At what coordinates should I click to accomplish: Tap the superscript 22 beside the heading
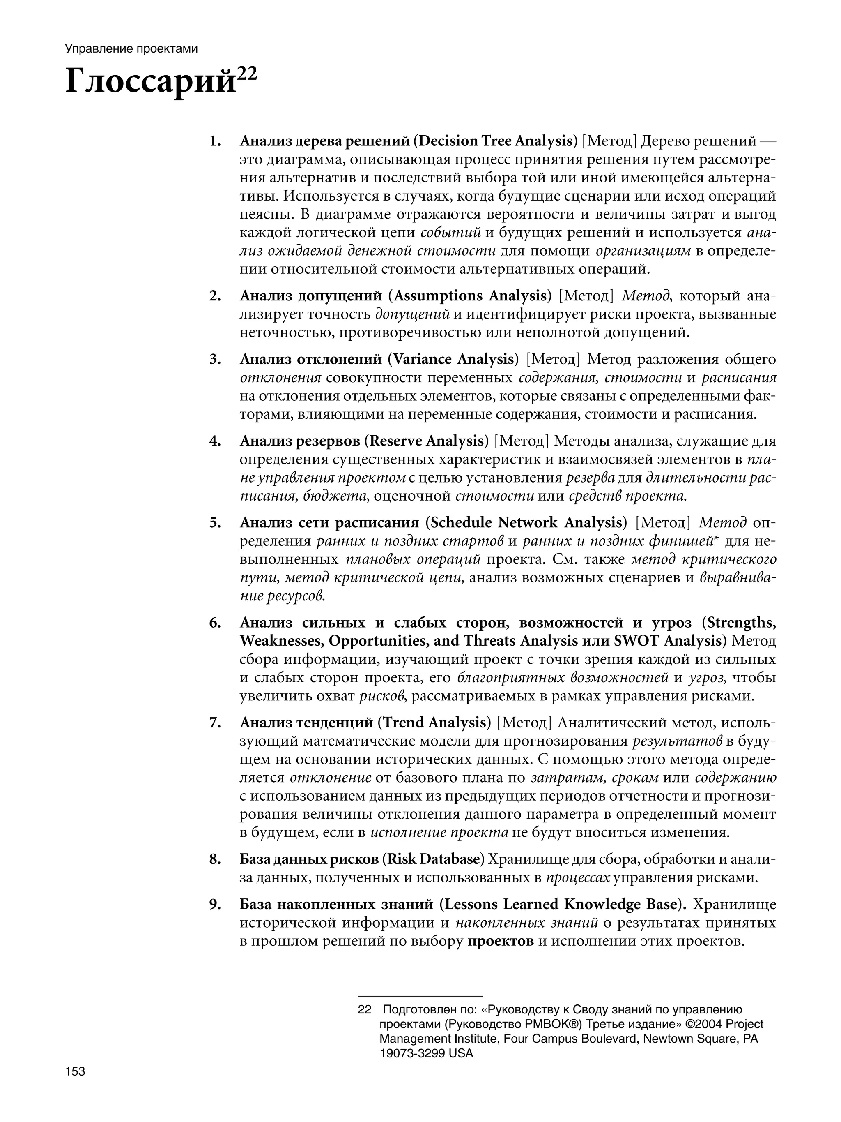[247, 74]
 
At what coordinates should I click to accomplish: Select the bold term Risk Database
[433, 859]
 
